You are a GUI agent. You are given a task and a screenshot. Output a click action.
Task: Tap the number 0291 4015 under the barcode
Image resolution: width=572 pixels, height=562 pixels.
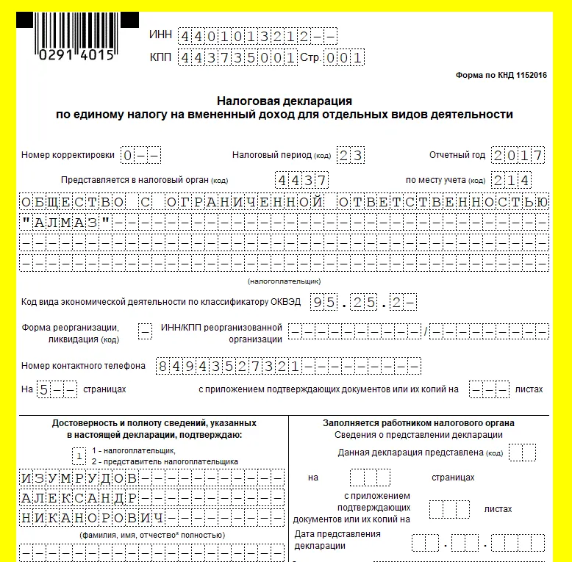[76, 54]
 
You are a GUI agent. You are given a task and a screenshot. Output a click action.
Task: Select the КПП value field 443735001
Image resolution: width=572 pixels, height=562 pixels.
[237, 57]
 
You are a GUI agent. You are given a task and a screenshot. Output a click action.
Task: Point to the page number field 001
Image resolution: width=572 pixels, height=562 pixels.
[345, 57]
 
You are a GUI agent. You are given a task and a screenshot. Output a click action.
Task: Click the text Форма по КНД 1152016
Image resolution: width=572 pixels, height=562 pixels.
[501, 76]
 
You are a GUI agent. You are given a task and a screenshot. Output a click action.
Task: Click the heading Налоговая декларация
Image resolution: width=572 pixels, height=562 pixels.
[285, 101]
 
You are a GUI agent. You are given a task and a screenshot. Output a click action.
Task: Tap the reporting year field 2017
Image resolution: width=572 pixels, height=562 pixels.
[518, 156]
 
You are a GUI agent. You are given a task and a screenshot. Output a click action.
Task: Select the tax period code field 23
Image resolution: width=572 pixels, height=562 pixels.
[351, 156]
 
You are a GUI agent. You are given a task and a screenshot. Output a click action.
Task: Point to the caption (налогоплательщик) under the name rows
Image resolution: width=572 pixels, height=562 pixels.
[284, 281]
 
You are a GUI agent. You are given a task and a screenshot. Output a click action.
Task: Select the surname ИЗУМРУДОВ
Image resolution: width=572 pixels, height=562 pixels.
[78, 478]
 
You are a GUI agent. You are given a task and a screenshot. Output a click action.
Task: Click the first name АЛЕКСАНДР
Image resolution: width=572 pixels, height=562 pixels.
[78, 498]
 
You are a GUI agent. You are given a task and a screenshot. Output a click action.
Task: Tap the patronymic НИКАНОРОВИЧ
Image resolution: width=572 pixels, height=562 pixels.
[92, 518]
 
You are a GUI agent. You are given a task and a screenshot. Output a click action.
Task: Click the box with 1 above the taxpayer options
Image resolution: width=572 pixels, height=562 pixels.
[79, 455]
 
